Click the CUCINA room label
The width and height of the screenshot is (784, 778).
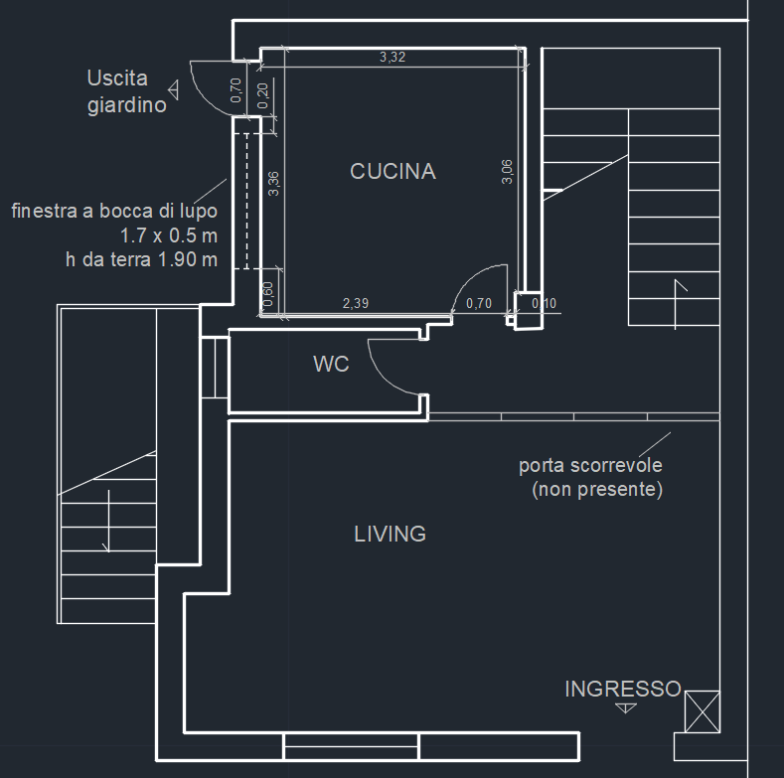392,172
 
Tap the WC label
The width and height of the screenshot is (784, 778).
331,364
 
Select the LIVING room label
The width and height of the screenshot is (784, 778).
390,534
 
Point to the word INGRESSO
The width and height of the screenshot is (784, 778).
623,689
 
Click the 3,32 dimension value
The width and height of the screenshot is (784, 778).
392,57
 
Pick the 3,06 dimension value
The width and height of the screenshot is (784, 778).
507,172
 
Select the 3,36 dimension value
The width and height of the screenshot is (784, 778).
273,184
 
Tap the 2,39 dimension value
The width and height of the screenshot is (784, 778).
356,303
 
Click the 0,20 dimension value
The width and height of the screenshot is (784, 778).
262,95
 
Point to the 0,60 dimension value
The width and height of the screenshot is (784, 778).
268,294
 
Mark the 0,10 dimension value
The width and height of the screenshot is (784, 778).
544,303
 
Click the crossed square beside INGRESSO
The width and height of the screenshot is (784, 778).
702,711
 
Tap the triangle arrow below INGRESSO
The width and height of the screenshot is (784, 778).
625,708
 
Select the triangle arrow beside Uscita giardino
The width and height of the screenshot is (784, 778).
174,90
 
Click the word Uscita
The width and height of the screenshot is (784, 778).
117,78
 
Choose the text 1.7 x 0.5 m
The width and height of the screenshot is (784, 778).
169,235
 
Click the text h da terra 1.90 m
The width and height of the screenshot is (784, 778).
142,260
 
